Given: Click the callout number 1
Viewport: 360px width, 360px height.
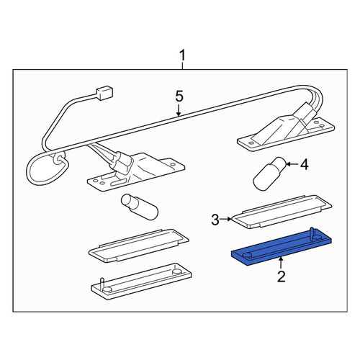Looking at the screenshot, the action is (x=183, y=55).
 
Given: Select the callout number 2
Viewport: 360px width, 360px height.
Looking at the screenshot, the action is (x=281, y=276).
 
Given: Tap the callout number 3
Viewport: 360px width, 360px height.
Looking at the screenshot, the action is (x=215, y=220).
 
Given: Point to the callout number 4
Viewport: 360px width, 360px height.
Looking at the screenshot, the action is (x=305, y=165).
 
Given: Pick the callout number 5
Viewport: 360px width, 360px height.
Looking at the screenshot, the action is (x=179, y=96).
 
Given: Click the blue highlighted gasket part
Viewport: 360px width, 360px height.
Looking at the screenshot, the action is (x=282, y=248).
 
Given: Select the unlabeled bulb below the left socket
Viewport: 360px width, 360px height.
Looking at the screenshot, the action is (x=140, y=206).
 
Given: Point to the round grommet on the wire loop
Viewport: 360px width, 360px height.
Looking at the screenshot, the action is (x=58, y=158).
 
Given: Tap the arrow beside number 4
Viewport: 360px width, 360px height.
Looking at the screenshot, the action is (x=292, y=164).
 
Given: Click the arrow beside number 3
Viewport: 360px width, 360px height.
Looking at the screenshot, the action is (x=226, y=219).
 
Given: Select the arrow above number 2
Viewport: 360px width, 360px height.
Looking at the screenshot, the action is (x=281, y=263).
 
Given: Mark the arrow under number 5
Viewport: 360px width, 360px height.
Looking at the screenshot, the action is (x=179, y=110).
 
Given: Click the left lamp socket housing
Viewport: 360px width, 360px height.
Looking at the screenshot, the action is (x=135, y=171).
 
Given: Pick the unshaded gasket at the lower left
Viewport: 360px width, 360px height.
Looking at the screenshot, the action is (x=141, y=281).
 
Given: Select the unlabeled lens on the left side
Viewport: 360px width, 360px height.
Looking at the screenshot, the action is (x=139, y=245).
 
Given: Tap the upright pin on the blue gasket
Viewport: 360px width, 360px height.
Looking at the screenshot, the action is (x=312, y=232).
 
